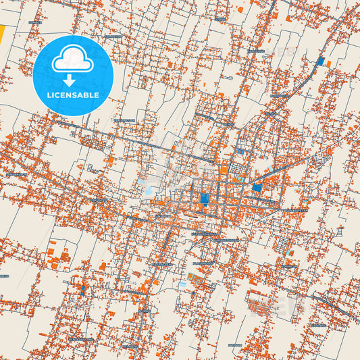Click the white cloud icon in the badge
pyautogui.click(x=73, y=60)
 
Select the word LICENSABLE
pyautogui.click(x=73, y=95)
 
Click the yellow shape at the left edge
pyautogui.click(x=2, y=34)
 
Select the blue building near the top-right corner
pyautogui.click(x=320, y=61)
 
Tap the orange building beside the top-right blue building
pyautogui.click(x=328, y=63)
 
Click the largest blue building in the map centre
pyautogui.click(x=205, y=199)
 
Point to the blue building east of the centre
pyautogui.click(x=257, y=188)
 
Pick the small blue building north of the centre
pyautogui.click(x=240, y=152)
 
